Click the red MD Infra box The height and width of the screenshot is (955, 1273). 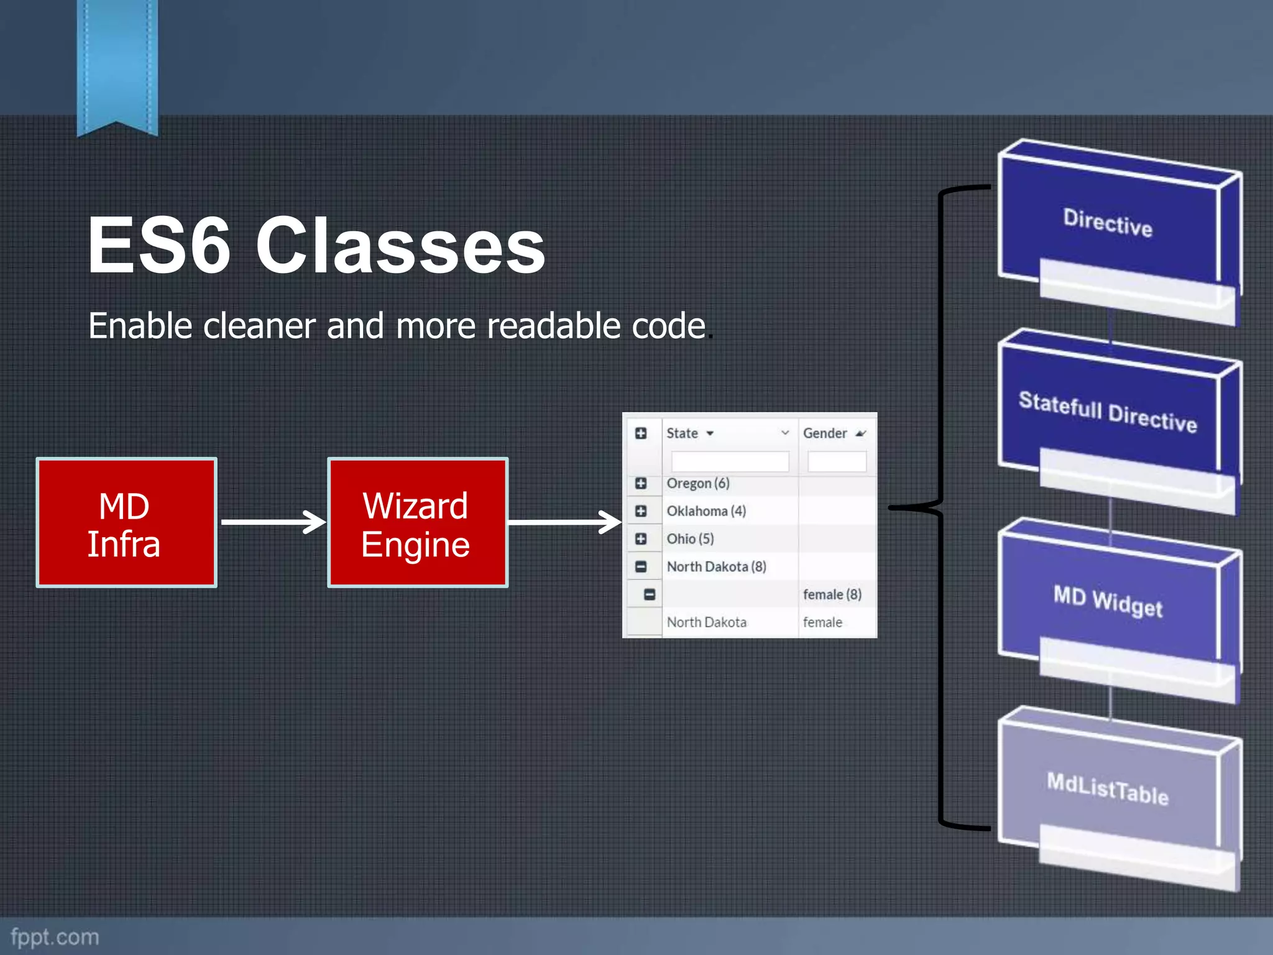coord(126,523)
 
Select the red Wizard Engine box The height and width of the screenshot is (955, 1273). coord(417,523)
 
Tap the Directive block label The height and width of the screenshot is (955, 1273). coord(1108,222)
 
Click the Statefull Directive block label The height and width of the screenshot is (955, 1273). coord(1108,411)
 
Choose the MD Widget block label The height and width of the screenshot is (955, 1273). coord(1108,601)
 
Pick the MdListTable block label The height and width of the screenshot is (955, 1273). coord(1108,788)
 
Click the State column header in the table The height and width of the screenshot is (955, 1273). coord(682,433)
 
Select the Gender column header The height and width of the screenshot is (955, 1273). coord(825,433)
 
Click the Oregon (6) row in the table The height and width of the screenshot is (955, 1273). coord(697,483)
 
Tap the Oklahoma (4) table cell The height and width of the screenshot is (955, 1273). coord(706,511)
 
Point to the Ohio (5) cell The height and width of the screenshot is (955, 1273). coord(690,538)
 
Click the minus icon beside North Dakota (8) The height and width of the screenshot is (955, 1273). coord(641,566)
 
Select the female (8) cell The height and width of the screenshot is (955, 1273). coord(832,594)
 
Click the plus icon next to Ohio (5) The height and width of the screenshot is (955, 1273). coord(641,538)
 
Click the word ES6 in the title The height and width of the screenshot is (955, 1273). coord(159,245)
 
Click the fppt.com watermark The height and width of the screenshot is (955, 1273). coord(55,936)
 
